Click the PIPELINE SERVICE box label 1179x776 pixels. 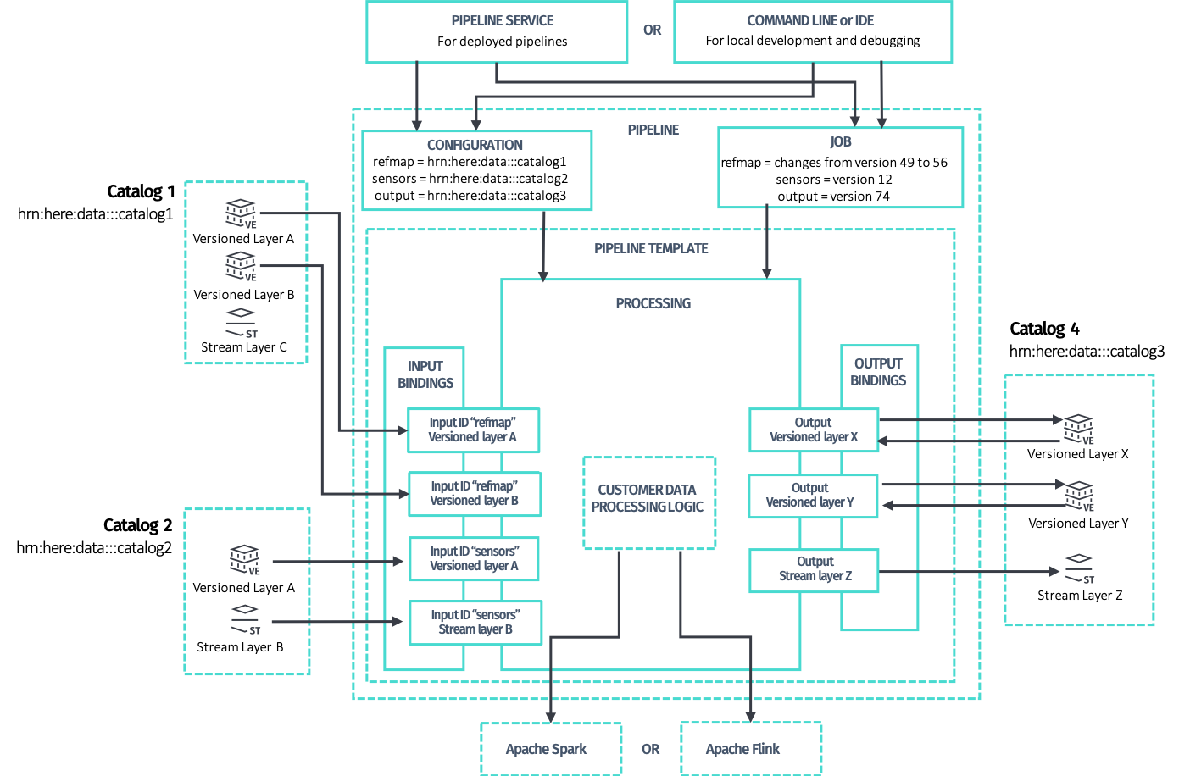(502, 20)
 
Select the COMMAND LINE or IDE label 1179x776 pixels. (810, 20)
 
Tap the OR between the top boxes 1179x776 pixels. (652, 30)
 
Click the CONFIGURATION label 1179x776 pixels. (475, 145)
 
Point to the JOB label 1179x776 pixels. (840, 141)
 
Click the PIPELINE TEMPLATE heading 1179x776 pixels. (651, 248)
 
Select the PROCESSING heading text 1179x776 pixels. (653, 303)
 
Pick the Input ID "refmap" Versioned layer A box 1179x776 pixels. (473, 430)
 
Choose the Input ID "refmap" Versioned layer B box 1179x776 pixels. (474, 494)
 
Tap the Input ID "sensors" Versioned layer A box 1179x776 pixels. (474, 559)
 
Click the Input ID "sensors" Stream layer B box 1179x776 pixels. (475, 623)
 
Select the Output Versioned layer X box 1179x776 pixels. (814, 430)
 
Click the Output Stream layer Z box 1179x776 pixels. (814, 569)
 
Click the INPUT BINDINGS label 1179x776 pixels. (425, 374)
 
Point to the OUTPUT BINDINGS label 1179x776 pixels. (878, 372)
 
